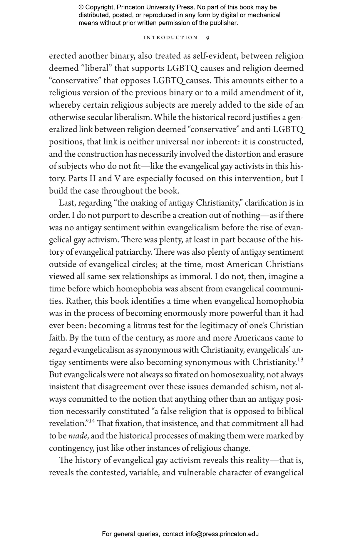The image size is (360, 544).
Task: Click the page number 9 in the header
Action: click(x=208, y=38)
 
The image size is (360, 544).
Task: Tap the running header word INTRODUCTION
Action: click(x=170, y=38)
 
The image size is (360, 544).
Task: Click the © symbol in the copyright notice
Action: click(x=81, y=7)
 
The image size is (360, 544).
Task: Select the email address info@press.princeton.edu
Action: click(x=222, y=534)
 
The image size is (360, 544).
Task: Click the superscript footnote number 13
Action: click(x=300, y=360)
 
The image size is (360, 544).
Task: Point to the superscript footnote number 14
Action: click(x=92, y=421)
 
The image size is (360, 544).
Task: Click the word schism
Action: click(x=263, y=387)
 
